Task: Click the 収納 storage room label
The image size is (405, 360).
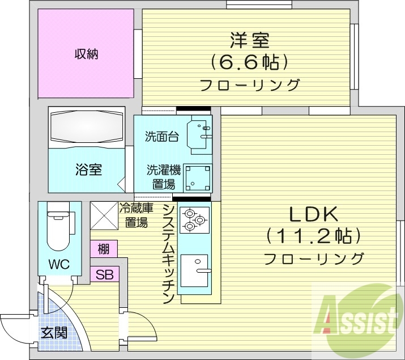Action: (87, 54)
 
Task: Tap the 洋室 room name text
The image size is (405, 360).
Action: (249, 40)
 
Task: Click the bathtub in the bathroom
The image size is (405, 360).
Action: (86, 127)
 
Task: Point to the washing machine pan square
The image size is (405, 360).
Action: (199, 177)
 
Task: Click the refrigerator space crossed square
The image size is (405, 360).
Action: (104, 215)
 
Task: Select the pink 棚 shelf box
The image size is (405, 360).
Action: (104, 249)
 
